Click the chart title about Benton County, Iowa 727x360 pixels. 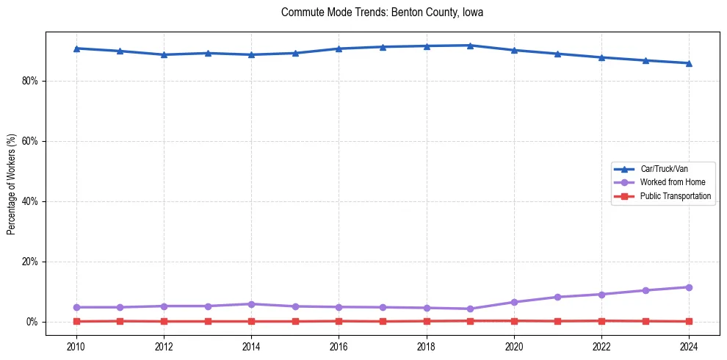coord(382,12)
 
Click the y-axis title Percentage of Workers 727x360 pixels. coord(11,184)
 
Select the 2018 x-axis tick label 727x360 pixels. coord(427,345)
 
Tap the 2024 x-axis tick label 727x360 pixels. coord(689,345)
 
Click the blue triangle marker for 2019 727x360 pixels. coord(470,46)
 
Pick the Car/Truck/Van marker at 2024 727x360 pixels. coord(689,63)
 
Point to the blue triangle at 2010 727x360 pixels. coord(76,48)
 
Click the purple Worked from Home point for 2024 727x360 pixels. coord(689,287)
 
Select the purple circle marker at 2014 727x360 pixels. coord(251,304)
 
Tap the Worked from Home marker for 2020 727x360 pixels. coord(514,302)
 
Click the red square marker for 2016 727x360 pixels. coord(339,321)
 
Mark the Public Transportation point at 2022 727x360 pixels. coord(601,320)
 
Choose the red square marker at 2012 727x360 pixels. coord(164,321)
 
